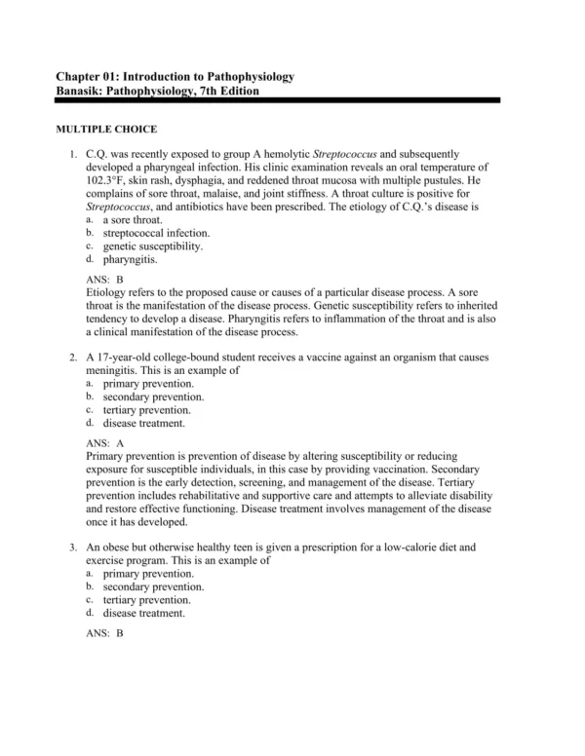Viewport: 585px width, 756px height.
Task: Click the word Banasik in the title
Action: [80, 90]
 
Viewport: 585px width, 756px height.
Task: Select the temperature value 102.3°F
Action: [109, 181]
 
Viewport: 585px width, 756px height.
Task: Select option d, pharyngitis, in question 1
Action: [130, 260]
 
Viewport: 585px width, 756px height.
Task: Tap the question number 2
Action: [73, 358]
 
